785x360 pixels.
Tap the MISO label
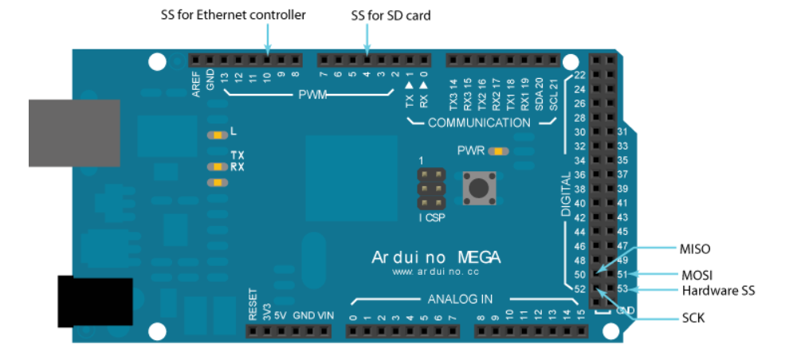point(696,249)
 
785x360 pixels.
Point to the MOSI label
point(697,276)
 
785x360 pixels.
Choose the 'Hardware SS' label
point(718,291)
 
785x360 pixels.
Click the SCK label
point(693,318)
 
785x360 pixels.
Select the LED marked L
point(214,135)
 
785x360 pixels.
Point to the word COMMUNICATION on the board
point(478,123)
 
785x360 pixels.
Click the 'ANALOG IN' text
point(460,299)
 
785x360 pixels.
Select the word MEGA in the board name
point(478,257)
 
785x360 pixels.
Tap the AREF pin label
point(197,83)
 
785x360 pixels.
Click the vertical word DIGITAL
point(566,194)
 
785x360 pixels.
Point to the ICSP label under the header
point(432,216)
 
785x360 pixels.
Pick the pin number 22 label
point(579,75)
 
